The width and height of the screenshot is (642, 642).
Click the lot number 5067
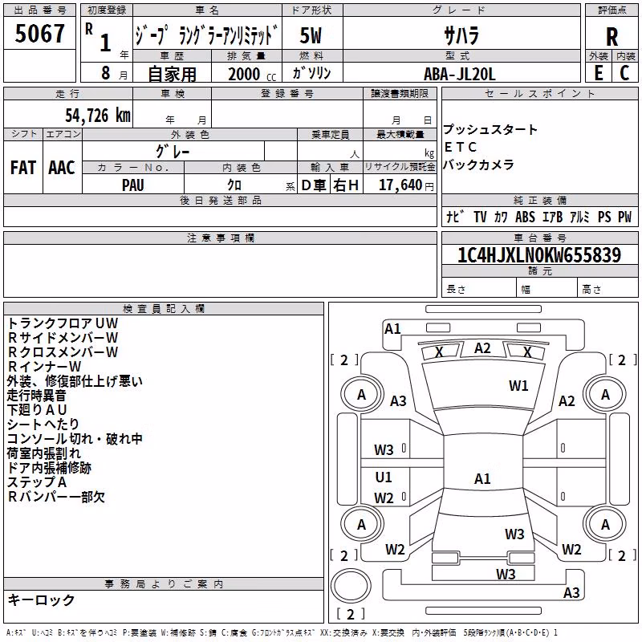point(39,33)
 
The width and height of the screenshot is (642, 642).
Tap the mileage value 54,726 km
point(98,116)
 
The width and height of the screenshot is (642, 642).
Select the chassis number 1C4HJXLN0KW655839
point(539,254)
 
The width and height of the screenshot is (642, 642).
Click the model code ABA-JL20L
point(459,74)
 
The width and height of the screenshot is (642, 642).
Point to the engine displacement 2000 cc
point(252,74)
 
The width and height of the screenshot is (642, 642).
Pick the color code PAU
point(133,185)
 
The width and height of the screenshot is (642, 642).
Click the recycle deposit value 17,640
point(400,185)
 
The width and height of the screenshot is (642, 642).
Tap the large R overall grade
point(612,37)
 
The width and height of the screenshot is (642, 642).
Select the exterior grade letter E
point(599,73)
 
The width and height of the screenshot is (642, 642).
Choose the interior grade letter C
point(624,73)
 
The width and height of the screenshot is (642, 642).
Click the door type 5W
point(311,35)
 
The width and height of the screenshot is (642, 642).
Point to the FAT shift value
point(23,168)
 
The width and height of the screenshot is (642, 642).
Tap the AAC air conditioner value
point(62,168)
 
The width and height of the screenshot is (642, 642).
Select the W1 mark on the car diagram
point(518,385)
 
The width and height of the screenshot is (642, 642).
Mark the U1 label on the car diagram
point(384,477)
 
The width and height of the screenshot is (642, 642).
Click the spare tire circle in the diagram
point(351,586)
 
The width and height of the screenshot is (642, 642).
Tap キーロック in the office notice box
point(41,599)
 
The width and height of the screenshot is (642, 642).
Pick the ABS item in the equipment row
point(525,217)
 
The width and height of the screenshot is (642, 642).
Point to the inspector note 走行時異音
point(36,396)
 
